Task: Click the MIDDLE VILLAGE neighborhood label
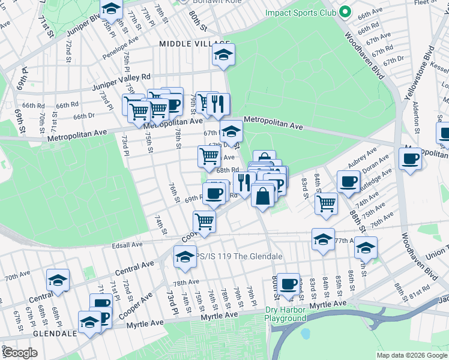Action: pos(194,44)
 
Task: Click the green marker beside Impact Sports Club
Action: pos(345,11)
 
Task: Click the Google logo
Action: pos(20,352)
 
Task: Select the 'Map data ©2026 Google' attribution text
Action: pos(411,355)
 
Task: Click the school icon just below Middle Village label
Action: pos(223,56)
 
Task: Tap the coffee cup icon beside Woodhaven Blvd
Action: pos(411,159)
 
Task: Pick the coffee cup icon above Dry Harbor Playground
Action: pos(288,283)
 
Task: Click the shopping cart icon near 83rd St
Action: pos(326,203)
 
